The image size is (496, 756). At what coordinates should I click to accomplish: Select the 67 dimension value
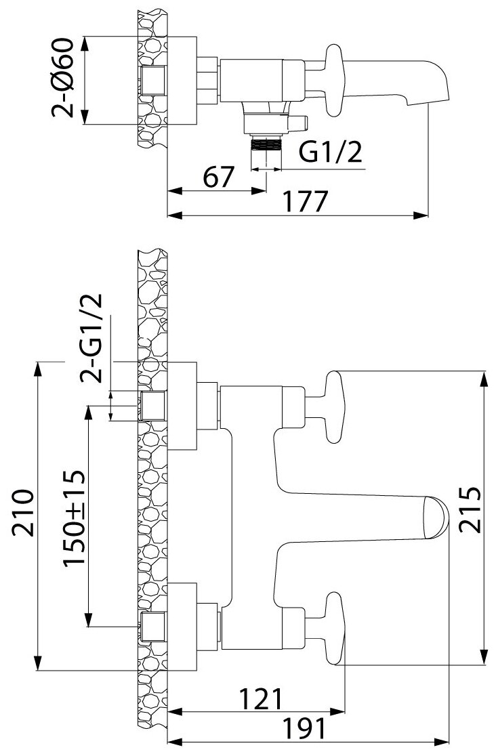click(x=218, y=177)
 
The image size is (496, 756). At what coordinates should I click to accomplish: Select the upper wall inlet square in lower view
click(x=153, y=406)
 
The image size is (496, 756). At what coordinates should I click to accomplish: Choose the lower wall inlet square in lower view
click(x=153, y=627)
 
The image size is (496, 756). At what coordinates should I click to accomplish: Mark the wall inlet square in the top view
click(x=153, y=81)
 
